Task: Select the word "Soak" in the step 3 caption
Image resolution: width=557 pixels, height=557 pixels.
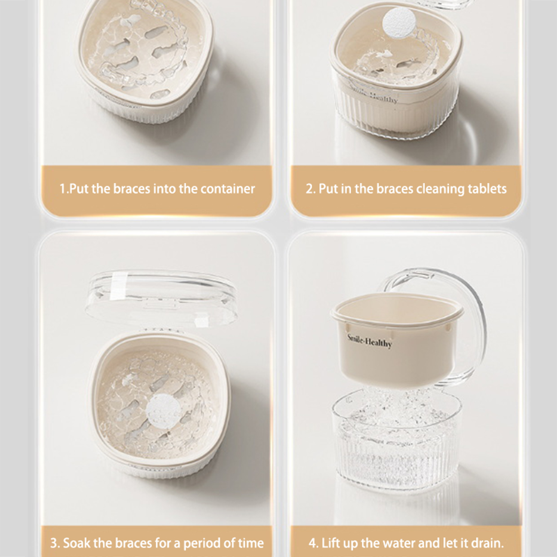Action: coord(76,543)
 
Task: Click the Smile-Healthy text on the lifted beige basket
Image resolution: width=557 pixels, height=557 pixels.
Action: coord(369,341)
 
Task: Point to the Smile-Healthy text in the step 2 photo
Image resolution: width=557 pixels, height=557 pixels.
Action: coord(375,94)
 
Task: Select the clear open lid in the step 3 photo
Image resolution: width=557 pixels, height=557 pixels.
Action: coord(161,299)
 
